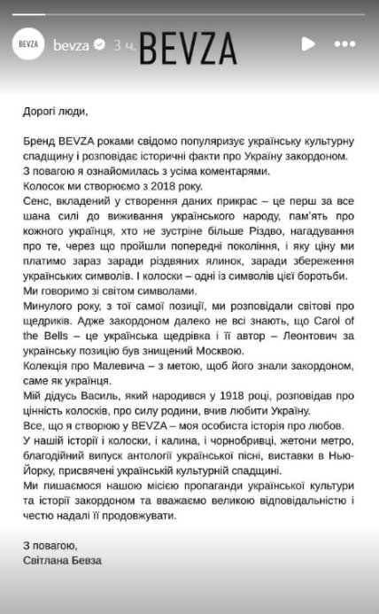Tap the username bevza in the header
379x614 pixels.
click(71, 44)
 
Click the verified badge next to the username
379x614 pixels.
click(100, 44)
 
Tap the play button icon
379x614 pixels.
click(307, 43)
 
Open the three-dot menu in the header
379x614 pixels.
click(344, 43)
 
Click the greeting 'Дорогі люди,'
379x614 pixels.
click(57, 112)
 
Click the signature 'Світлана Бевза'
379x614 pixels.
click(63, 560)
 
